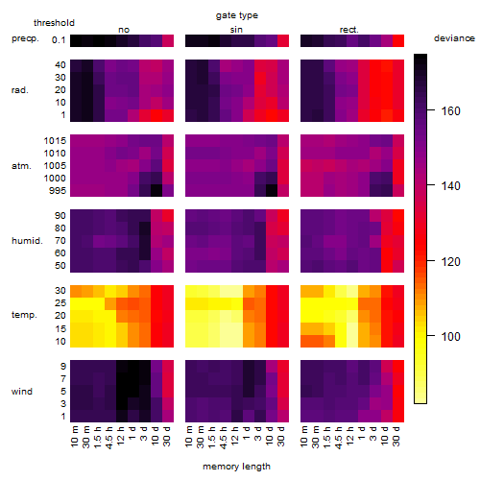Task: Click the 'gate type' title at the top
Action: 237,15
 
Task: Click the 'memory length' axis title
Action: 236,467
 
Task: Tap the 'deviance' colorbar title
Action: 454,38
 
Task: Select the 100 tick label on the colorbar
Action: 450,336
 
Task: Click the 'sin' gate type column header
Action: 236,30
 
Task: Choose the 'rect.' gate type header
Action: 348,30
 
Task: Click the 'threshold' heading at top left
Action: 54,23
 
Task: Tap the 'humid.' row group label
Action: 27,241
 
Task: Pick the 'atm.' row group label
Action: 21,166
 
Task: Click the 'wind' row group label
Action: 22,392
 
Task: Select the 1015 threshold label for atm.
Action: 55,140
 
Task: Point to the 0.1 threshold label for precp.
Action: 59,40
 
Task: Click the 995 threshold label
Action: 58,191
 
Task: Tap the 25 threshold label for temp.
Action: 60,302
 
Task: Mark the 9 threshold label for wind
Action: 63,366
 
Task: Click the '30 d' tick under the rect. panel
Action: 396,436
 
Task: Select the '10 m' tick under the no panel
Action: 74,437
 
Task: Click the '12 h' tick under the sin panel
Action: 235,436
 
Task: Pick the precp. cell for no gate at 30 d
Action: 168,40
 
